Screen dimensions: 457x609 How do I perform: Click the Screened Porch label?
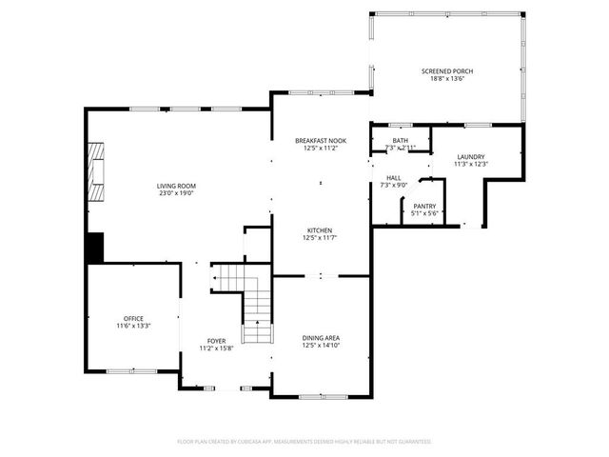pyautogui.click(x=447, y=71)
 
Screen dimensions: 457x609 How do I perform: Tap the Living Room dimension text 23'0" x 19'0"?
pyautogui.click(x=176, y=193)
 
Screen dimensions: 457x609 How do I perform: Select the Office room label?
pyautogui.click(x=133, y=318)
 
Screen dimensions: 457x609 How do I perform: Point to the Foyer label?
pyautogui.click(x=217, y=341)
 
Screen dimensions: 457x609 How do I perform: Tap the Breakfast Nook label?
pyautogui.click(x=320, y=141)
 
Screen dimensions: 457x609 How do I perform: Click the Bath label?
pyautogui.click(x=401, y=141)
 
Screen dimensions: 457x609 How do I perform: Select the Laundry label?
pyautogui.click(x=471, y=157)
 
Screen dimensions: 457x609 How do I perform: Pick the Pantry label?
pyautogui.click(x=423, y=206)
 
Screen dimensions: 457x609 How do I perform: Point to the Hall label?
pyautogui.click(x=393, y=177)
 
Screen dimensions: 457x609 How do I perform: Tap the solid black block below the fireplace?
pyautogui.click(x=94, y=248)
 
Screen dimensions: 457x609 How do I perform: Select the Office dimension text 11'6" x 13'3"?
pyautogui.click(x=133, y=327)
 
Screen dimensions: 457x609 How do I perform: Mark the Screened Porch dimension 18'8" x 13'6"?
pyautogui.click(x=447, y=80)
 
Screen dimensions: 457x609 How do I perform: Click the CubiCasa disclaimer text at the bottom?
pyautogui.click(x=304, y=442)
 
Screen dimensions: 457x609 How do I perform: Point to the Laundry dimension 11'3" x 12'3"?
pyautogui.click(x=471, y=165)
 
